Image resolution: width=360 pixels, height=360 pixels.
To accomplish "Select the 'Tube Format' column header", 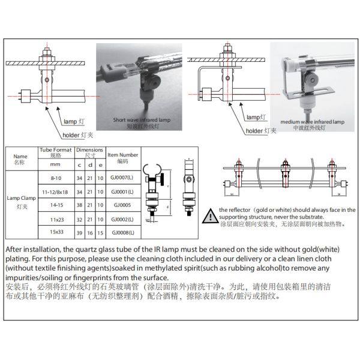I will [55, 152].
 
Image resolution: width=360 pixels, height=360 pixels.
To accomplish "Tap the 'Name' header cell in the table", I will [20, 158].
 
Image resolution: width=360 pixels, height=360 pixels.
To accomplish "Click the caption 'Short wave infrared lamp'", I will [142, 120].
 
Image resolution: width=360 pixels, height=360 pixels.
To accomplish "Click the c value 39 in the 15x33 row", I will [79, 233].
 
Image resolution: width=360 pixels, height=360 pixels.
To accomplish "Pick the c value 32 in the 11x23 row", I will [79, 218].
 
